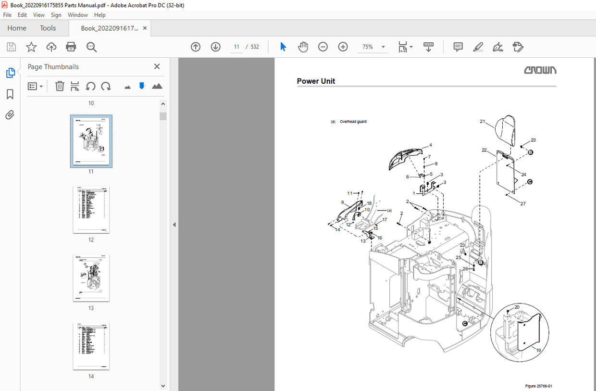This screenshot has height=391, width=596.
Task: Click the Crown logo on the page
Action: [540, 70]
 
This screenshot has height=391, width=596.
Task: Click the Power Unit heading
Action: [316, 81]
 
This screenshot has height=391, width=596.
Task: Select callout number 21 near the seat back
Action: [482, 122]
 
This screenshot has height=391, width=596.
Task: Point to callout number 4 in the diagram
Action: [430, 145]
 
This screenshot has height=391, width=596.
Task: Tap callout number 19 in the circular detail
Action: [538, 350]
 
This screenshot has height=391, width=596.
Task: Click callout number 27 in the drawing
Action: [523, 203]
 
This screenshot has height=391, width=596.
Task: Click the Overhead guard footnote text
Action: [353, 122]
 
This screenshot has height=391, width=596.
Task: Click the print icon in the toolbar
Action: [71, 47]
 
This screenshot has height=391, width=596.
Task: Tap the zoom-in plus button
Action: [343, 47]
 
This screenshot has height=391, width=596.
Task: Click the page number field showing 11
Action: [236, 47]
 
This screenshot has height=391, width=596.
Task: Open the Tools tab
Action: [48, 28]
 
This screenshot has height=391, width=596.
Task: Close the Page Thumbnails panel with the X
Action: [157, 67]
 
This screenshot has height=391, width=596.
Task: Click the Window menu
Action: [77, 15]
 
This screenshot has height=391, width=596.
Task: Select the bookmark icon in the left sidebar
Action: [10, 94]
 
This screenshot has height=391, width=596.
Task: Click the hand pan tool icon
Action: [303, 47]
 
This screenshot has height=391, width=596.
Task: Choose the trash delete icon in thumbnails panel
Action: [60, 86]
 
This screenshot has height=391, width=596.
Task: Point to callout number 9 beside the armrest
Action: [342, 202]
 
